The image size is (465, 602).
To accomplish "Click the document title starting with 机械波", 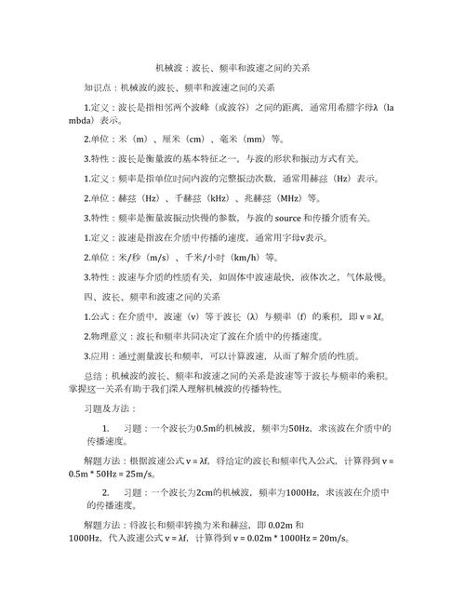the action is tap(232, 68).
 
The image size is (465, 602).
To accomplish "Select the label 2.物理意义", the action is tap(105, 336).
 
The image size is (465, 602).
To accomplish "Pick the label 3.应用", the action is tap(100, 355).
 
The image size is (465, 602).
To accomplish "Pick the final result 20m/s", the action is tap(325, 538).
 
